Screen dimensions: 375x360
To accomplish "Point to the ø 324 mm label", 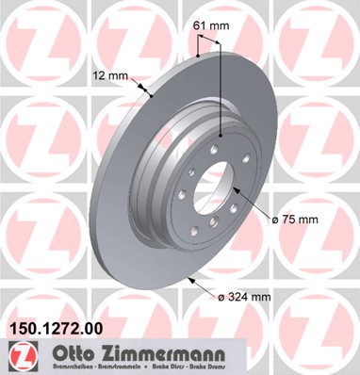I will [x=243, y=298].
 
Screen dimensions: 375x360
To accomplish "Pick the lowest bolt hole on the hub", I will [x=212, y=223].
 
